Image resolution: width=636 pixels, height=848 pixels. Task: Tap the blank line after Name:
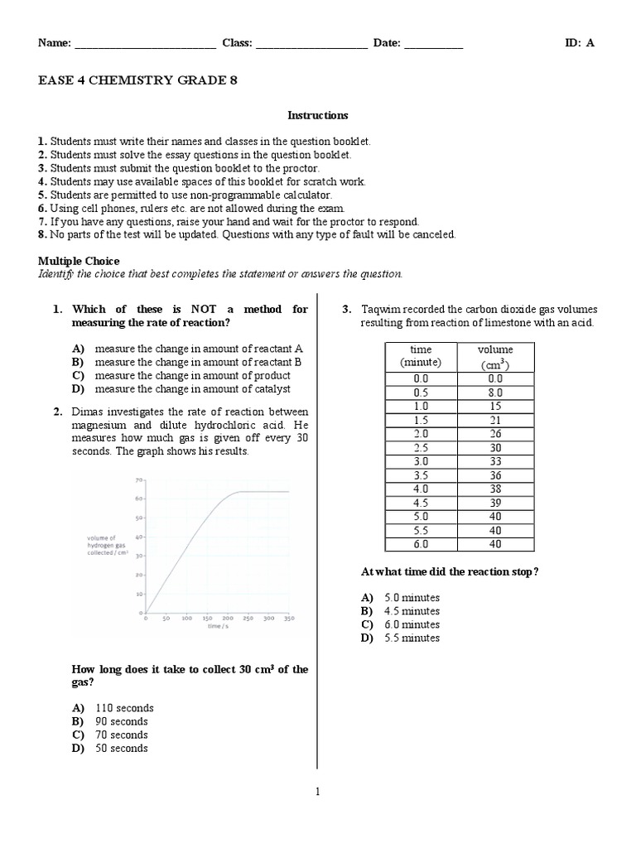click(145, 45)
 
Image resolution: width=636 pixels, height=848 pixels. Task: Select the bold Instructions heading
click(317, 115)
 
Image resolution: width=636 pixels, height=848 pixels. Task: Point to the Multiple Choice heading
click(79, 261)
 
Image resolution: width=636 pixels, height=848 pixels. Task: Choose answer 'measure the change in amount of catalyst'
click(192, 388)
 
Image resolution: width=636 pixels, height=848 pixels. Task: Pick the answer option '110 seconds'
click(123, 708)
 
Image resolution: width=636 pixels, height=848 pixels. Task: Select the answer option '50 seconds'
click(121, 748)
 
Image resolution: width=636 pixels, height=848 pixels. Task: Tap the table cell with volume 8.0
click(495, 393)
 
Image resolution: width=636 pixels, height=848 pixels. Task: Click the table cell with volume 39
click(495, 502)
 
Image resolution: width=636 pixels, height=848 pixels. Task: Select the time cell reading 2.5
click(421, 447)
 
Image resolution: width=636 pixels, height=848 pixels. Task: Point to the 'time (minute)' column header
click(421, 356)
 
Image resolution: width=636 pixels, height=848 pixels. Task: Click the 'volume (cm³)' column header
click(495, 357)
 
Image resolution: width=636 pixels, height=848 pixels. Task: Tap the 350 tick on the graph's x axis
click(288, 619)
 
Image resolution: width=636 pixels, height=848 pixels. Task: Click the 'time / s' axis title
click(218, 627)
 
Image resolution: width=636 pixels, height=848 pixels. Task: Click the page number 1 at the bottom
click(317, 792)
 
